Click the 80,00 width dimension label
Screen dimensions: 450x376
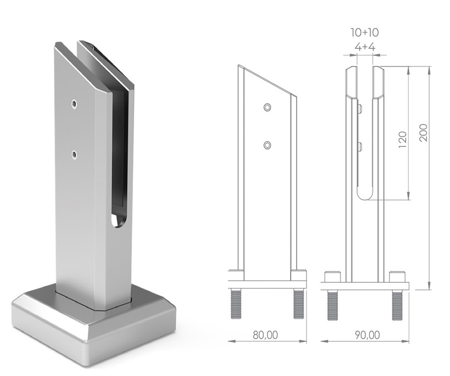click(265, 335)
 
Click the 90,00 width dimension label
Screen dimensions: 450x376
click(368, 335)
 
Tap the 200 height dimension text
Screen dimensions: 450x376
click(423, 133)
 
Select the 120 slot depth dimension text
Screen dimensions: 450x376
click(403, 140)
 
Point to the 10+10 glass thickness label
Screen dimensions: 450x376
click(364, 32)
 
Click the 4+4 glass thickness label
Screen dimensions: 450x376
click(365, 47)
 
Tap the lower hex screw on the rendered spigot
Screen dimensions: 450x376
click(75, 155)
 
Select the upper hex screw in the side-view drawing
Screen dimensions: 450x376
click(268, 107)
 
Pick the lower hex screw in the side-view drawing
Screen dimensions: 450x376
click(268, 145)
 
